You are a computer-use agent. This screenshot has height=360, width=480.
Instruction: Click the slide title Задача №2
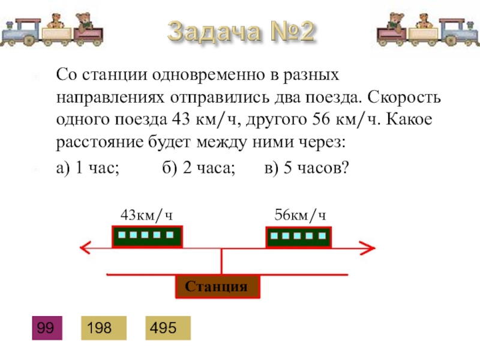241,32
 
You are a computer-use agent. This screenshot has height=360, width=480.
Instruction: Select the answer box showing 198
105,328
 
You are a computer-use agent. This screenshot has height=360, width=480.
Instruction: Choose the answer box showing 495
167,328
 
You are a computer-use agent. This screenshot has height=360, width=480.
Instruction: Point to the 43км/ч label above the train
147,215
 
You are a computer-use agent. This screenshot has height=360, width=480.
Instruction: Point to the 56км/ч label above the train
301,215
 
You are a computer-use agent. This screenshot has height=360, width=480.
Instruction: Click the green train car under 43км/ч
148,236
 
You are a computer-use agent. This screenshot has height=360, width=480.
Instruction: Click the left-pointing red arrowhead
85,247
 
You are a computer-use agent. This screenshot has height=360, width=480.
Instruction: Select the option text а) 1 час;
88,169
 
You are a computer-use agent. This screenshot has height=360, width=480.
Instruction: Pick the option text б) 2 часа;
198,169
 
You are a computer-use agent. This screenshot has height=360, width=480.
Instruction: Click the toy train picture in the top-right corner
427,29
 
